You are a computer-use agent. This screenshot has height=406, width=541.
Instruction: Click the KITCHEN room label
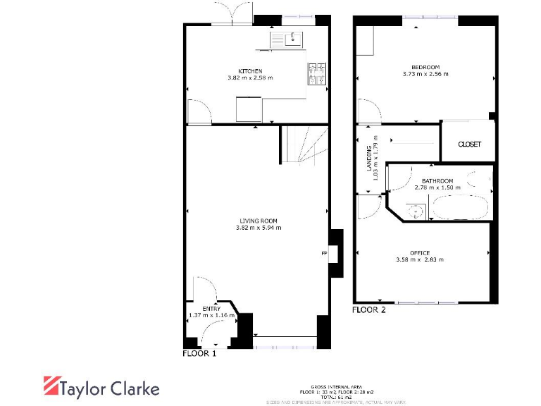pyautogui.click(x=250, y=71)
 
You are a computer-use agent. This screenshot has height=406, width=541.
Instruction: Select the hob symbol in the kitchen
pyautogui.click(x=316, y=74)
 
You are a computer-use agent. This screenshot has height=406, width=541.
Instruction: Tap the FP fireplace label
pyautogui.click(x=324, y=254)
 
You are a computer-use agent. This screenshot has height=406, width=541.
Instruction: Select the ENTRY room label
pyautogui.click(x=211, y=309)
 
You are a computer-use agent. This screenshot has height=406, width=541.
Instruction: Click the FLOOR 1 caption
pyautogui.click(x=199, y=354)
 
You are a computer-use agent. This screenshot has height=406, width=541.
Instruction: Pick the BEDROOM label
pyautogui.click(x=425, y=66)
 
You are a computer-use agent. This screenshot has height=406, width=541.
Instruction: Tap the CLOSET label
pyautogui.click(x=469, y=144)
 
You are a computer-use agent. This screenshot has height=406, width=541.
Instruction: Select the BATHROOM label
pyautogui.click(x=437, y=181)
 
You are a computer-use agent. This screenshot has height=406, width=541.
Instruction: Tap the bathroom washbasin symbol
pyautogui.click(x=416, y=209)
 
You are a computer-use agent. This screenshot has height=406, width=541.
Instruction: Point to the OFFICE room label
pyautogui.click(x=420, y=252)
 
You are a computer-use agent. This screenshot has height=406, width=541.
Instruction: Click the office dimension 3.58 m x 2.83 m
pyautogui.click(x=420, y=260)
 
